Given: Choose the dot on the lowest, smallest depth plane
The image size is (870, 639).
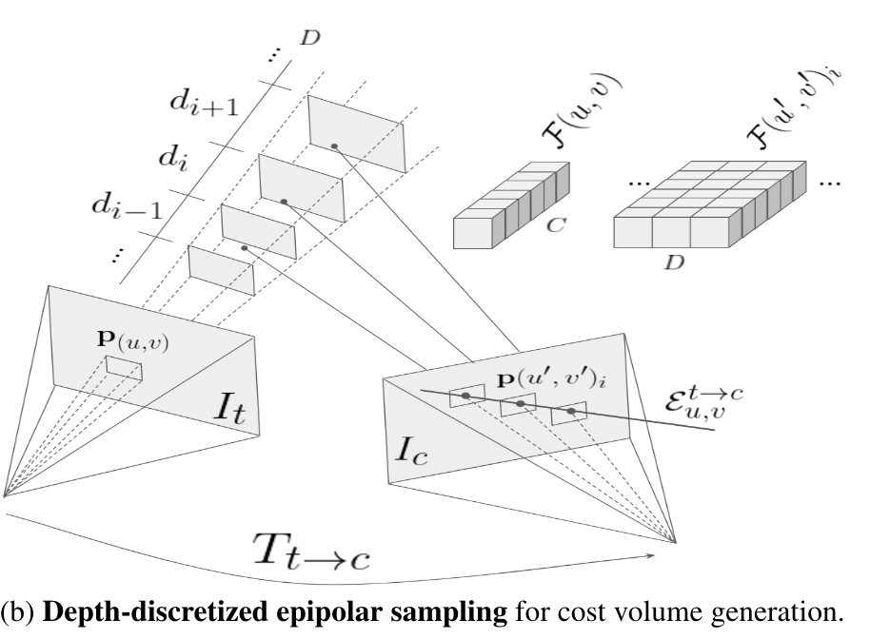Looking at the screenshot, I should [245, 248].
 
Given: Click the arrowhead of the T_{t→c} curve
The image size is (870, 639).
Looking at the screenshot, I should [656, 553].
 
